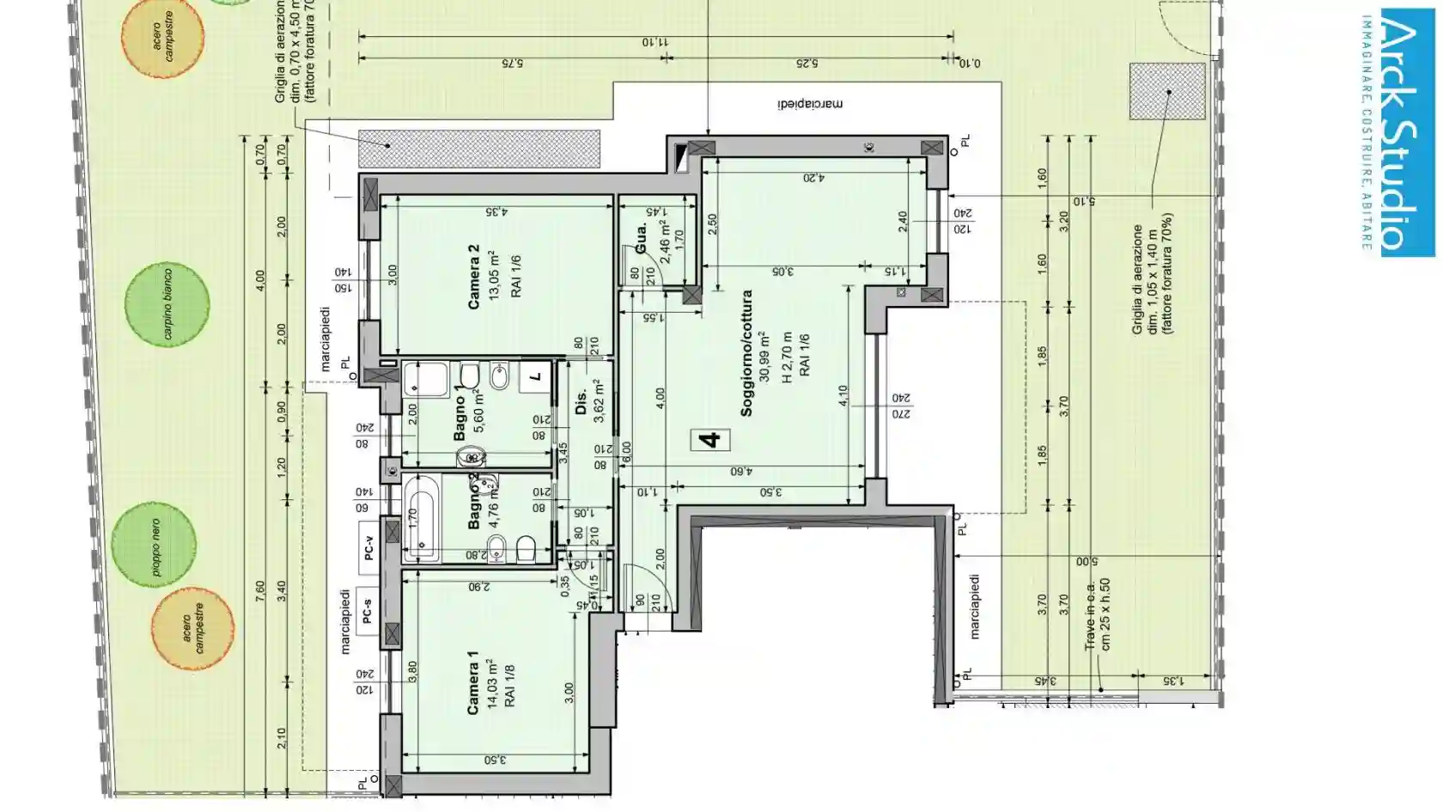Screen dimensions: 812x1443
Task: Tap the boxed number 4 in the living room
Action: [x=710, y=440]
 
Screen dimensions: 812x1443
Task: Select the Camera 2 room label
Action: [x=473, y=277]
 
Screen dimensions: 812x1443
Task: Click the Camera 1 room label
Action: [x=472, y=682]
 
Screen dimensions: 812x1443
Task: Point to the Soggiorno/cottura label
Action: [x=746, y=353]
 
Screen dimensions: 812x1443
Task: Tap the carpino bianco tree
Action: [x=167, y=304]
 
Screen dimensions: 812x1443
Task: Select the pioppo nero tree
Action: [x=155, y=546]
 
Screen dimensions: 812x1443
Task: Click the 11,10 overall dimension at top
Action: [x=655, y=41]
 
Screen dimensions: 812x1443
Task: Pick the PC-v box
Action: [x=369, y=546]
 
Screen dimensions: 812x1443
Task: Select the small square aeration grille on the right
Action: [x=1166, y=91]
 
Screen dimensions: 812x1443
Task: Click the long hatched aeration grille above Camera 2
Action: [x=478, y=148]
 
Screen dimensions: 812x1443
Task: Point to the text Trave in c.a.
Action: [x=1090, y=616]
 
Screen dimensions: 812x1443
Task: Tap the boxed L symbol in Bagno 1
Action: [x=536, y=376]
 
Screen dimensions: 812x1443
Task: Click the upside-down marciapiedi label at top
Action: [x=810, y=104]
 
